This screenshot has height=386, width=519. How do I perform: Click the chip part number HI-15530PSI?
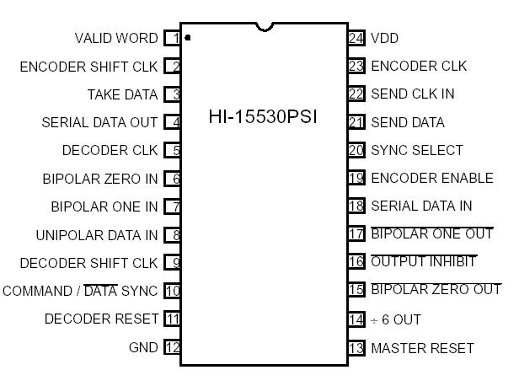click(x=263, y=117)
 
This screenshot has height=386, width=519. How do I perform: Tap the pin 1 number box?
click(x=173, y=38)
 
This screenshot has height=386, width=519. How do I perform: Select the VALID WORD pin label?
click(x=116, y=39)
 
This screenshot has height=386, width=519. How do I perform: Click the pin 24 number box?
click(x=356, y=38)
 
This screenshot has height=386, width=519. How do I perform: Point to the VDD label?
click(x=385, y=39)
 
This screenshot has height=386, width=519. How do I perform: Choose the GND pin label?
click(x=142, y=347)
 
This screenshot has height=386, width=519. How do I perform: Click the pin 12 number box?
click(x=173, y=347)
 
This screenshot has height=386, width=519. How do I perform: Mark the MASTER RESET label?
click(x=422, y=348)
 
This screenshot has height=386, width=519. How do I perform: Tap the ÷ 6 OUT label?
click(x=395, y=320)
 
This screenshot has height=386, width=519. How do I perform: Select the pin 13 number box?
click(x=356, y=348)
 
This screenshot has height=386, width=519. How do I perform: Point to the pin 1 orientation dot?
click(x=187, y=38)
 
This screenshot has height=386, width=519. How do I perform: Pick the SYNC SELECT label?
click(x=417, y=150)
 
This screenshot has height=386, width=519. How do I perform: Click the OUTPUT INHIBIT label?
click(x=424, y=262)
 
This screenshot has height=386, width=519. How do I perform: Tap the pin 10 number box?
click(x=173, y=291)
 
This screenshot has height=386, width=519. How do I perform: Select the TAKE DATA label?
click(x=122, y=94)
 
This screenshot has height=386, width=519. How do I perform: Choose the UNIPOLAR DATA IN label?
click(x=97, y=235)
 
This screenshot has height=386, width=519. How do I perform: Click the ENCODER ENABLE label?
click(x=432, y=178)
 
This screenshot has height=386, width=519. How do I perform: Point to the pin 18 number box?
click(x=356, y=206)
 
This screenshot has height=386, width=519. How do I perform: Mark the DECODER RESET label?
click(x=101, y=319)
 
